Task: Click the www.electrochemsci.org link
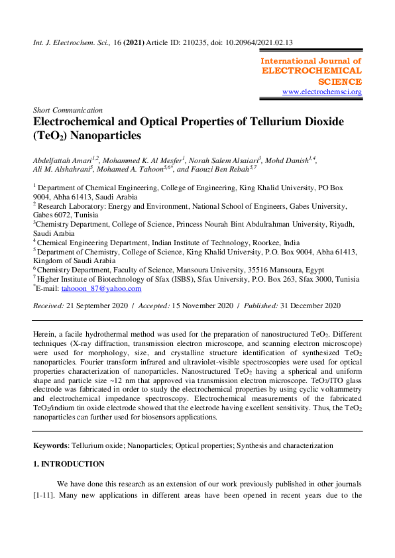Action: tap(322, 91)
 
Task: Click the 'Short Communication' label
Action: tap(68, 110)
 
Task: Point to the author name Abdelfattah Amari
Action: tap(62, 160)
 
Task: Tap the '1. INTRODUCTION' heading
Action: tap(69, 464)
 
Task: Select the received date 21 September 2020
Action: tap(97, 306)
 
